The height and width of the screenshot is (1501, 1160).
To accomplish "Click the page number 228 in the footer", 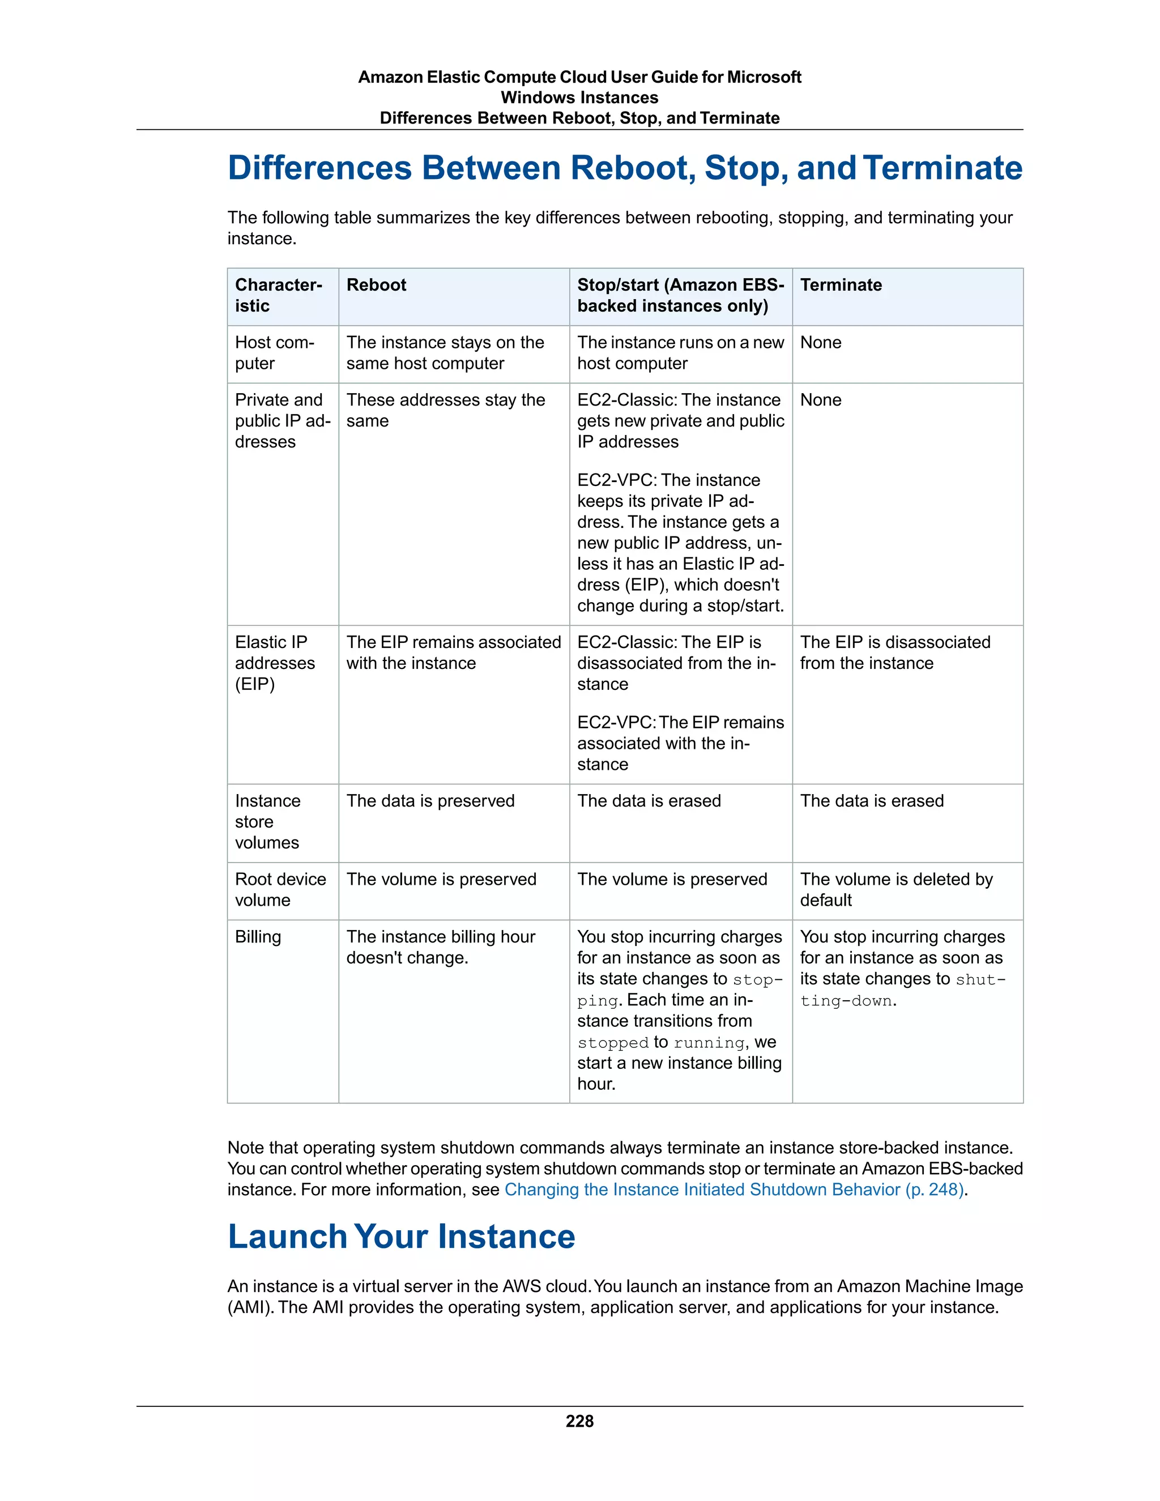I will tap(579, 1421).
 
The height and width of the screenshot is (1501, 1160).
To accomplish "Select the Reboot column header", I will tap(376, 285).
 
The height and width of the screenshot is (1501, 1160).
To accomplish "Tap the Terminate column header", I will tap(841, 285).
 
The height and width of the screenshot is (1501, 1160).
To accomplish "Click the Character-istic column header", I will tap(278, 296).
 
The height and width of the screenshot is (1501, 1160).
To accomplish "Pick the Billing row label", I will tap(258, 937).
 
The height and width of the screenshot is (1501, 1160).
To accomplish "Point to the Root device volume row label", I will tap(280, 889).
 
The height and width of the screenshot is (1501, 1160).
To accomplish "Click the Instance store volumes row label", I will tap(267, 821).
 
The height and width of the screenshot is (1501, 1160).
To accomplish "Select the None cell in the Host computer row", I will tap(821, 342).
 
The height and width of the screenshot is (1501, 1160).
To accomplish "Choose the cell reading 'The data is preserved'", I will tap(430, 801).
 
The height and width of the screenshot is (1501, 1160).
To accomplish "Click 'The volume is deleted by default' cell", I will tap(895, 889).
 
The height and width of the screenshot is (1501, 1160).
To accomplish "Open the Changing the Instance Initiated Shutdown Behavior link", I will tap(735, 1189).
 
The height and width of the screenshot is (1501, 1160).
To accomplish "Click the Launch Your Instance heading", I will tap(402, 1236).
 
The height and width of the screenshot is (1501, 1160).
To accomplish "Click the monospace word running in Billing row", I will tap(709, 1043).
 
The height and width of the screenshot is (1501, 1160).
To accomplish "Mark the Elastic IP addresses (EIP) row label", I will tap(274, 663).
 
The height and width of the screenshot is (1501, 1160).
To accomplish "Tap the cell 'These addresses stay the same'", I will tap(445, 410).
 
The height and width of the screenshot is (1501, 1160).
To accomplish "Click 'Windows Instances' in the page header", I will tap(579, 97).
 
